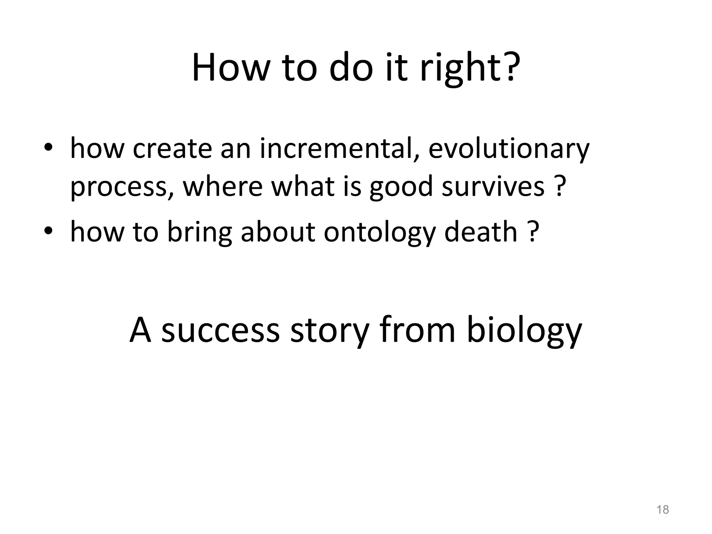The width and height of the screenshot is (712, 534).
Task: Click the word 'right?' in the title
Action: [x=470, y=69]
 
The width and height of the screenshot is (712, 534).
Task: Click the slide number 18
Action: [x=663, y=510]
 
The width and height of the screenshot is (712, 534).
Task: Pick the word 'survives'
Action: [x=493, y=187]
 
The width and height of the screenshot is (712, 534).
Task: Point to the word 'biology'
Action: [x=524, y=331]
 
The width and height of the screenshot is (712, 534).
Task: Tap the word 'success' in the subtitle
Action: [x=220, y=330]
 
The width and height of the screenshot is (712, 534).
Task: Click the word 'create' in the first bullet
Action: [x=172, y=149]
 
